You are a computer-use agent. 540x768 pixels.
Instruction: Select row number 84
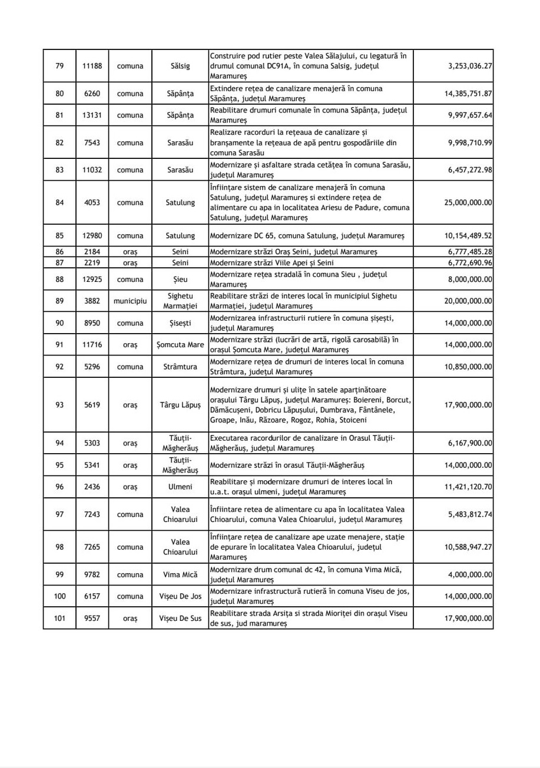click(59, 202)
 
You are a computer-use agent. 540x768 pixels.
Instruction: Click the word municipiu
click(130, 301)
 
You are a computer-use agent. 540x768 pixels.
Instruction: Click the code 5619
click(92, 405)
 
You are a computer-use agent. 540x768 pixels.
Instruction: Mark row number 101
click(59, 619)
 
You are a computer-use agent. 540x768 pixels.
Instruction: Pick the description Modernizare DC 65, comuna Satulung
click(302, 236)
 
